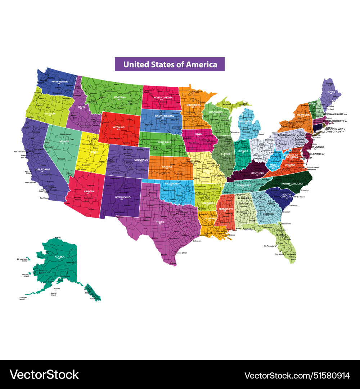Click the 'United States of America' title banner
coord(170,64)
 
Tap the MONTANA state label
coord(120,97)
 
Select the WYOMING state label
coord(118,127)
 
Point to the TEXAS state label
coord(160,222)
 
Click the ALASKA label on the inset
coord(59,257)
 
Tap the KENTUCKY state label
coord(257,173)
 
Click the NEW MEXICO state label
coord(123,197)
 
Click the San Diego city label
coord(44,198)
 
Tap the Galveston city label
coord(197,241)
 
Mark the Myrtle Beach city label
coord(299,197)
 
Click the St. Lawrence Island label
coord(22,260)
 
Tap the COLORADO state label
coord(141,160)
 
